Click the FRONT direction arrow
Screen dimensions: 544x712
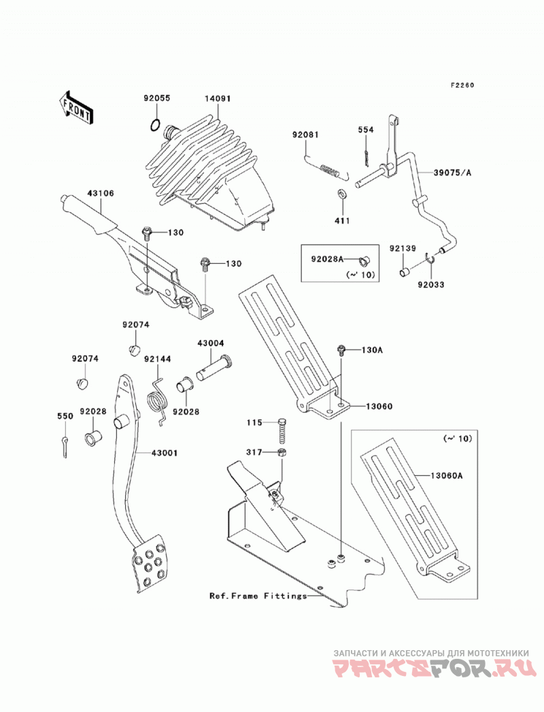[x=76, y=107]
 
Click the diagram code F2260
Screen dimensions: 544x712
[x=462, y=85]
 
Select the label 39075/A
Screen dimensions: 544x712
[x=452, y=173]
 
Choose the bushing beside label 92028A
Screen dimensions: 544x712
[x=364, y=260]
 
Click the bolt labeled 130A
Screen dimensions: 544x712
[x=341, y=350]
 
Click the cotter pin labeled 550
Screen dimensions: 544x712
[x=65, y=446]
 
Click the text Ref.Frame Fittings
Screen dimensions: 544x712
[x=258, y=595]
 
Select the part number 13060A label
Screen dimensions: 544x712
[x=447, y=476]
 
